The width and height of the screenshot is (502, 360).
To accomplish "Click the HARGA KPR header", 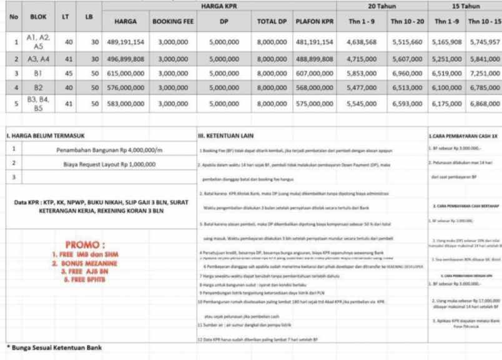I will (x=219, y=6).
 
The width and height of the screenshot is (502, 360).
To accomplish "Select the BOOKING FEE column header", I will (x=173, y=21).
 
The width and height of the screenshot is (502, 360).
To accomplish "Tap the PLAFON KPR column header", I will (x=314, y=21).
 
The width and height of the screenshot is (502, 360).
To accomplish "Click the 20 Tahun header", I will (x=381, y=6).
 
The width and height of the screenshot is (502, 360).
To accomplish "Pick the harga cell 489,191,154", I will (x=125, y=42).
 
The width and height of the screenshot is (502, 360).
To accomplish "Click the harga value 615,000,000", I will (x=125, y=73).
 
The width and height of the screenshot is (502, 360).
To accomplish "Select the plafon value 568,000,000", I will (x=314, y=88).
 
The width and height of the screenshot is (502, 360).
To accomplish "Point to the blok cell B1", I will (x=39, y=73).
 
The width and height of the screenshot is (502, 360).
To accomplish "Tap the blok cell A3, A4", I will (x=39, y=58).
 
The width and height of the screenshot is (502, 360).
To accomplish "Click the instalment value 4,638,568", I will (x=361, y=42).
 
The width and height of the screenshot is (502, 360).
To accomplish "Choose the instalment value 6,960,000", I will (x=406, y=73).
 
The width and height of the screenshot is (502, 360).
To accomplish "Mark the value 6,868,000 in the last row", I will (x=484, y=103).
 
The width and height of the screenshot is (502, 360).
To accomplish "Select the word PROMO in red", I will (x=86, y=244).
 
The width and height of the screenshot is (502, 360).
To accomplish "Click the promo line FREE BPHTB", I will (x=86, y=278).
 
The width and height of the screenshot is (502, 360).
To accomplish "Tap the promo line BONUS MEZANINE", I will (x=86, y=263).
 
